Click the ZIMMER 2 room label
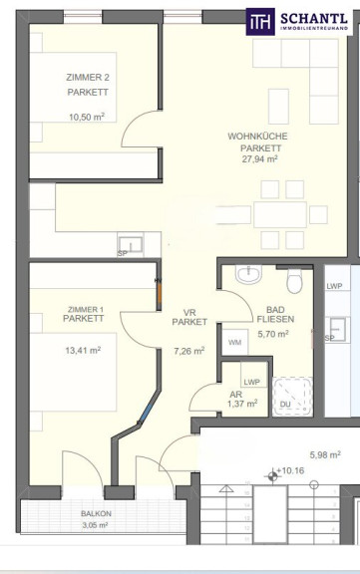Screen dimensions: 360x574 (88, 78)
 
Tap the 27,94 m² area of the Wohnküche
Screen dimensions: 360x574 (259, 158)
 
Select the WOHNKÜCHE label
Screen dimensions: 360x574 (258, 137)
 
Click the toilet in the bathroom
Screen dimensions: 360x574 (294, 281)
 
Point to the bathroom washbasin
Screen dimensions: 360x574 (248, 274)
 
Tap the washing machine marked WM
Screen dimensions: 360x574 (234, 342)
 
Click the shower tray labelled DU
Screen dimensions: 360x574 (292, 397)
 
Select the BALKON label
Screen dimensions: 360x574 (96, 513)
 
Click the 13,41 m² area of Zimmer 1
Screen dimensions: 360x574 (83, 351)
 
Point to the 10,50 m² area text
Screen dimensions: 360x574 (87, 118)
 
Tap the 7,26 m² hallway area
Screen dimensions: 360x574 (188, 351)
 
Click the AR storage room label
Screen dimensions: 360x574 (236, 395)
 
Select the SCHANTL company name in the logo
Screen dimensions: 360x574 (314, 19)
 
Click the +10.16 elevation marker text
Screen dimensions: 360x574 (290, 470)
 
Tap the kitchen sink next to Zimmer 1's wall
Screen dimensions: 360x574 (131, 244)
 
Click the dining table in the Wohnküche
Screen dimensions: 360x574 (280, 214)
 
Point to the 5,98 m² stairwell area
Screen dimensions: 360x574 (325, 455)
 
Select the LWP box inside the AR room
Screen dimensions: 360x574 (253, 375)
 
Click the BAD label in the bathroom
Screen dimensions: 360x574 (276, 310)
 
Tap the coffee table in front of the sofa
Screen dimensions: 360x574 (278, 107)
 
